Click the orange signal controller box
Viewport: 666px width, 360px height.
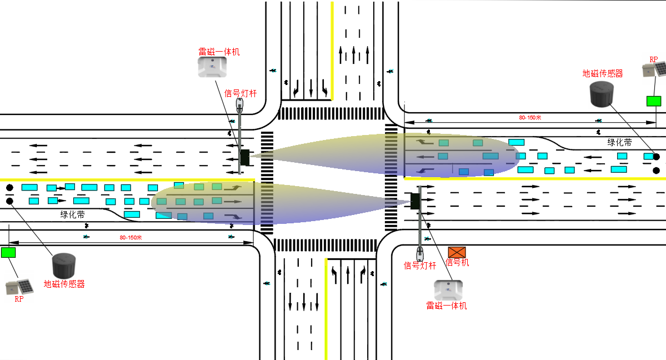[457, 252]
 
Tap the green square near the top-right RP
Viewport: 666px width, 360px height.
[654, 101]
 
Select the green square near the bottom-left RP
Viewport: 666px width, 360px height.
[8, 252]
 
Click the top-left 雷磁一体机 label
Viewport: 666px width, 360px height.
[219, 52]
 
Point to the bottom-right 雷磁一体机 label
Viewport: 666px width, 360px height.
[446, 306]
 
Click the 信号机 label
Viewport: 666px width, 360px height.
[458, 262]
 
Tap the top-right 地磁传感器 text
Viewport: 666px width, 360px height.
[602, 73]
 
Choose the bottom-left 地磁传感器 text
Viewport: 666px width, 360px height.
[64, 284]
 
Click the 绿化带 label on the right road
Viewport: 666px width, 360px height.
[619, 142]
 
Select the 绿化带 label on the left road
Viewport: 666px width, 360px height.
[73, 214]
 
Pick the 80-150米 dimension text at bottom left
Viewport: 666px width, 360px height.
[131, 238]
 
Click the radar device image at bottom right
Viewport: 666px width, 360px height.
[448, 289]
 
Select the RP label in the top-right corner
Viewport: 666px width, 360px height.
[653, 59]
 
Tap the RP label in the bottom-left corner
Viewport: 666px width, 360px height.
[19, 299]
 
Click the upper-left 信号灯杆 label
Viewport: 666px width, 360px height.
[241, 93]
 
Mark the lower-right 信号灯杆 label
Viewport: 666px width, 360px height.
[419, 266]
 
